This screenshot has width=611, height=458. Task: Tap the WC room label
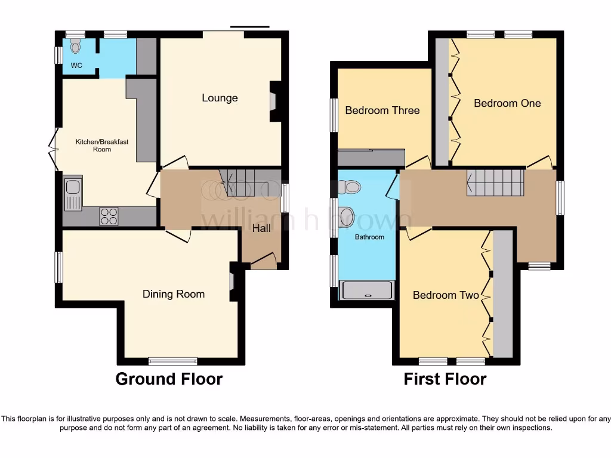tap(76, 66)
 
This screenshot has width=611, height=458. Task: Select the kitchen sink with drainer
tap(73, 195)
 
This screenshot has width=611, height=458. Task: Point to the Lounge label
tap(220, 98)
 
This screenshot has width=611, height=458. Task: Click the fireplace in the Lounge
tap(273, 101)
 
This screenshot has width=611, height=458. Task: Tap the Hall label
tap(261, 228)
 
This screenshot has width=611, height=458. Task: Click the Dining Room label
tap(173, 294)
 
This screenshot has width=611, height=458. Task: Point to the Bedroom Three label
tap(382, 110)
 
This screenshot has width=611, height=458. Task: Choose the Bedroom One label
tap(507, 103)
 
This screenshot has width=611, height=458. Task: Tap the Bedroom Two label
tap(446, 295)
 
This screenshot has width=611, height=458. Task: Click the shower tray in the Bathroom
tap(367, 290)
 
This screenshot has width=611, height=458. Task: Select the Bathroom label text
tap(370, 237)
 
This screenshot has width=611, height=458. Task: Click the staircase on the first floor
tap(495, 182)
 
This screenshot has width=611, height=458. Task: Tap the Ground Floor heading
tap(169, 379)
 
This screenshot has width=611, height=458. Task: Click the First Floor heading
tap(445, 379)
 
